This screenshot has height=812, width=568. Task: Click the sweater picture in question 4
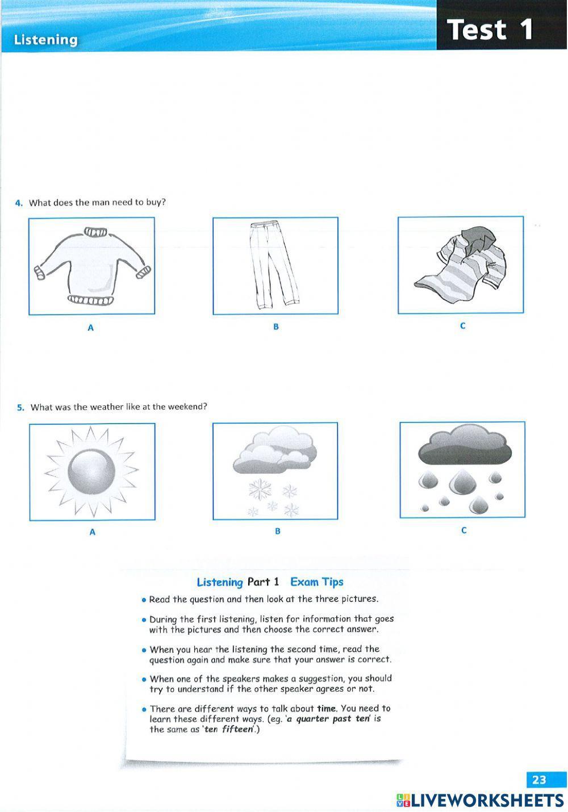(x=91, y=266)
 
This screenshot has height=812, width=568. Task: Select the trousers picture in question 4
(x=275, y=266)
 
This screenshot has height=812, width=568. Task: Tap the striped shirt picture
(x=460, y=265)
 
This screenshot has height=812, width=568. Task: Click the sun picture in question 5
(x=92, y=471)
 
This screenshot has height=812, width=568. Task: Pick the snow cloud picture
(x=275, y=471)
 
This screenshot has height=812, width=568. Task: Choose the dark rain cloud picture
(x=462, y=470)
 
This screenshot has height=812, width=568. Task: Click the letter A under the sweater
(x=90, y=328)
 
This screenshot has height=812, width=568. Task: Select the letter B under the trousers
(x=276, y=327)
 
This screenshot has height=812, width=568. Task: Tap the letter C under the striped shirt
(x=462, y=326)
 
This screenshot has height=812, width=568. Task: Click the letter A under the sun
(x=92, y=533)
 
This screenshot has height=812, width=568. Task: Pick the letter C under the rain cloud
(x=463, y=531)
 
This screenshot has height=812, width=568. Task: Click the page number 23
(x=538, y=780)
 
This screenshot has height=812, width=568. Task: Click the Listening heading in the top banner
(x=45, y=40)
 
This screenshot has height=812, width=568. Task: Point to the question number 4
(x=19, y=203)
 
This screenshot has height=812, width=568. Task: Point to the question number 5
(x=20, y=407)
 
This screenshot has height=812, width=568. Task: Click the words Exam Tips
(x=316, y=582)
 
